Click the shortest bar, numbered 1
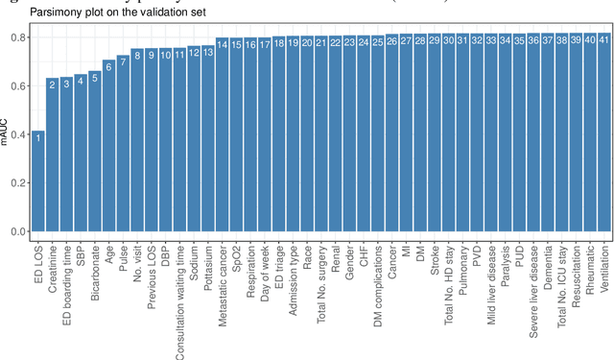tap(37, 182)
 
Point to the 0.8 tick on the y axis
tap(16, 36)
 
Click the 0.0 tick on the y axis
tap(16, 231)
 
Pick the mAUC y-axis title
tap(7, 135)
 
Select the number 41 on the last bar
tap(602, 40)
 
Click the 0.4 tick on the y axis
tap(16, 134)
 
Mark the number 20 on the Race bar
tap(307, 42)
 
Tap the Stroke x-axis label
tap(434, 255)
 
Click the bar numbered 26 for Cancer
tap(391, 134)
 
